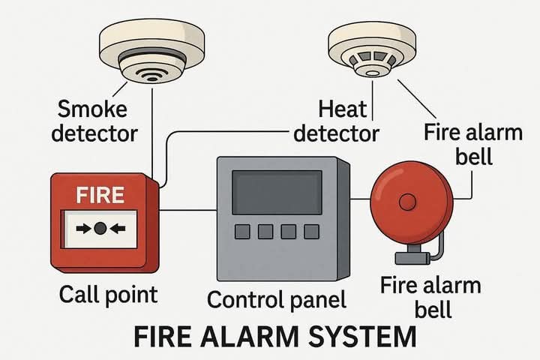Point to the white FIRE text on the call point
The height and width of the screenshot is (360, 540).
click(x=100, y=196)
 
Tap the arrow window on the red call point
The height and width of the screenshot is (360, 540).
click(x=100, y=229)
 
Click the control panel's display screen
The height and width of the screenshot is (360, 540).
click(x=277, y=192)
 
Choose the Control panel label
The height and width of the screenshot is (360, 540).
click(x=277, y=300)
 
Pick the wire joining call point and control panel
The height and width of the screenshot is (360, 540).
click(x=187, y=211)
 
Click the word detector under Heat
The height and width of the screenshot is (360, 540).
click(x=336, y=133)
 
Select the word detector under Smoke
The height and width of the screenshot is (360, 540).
click(x=90, y=133)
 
